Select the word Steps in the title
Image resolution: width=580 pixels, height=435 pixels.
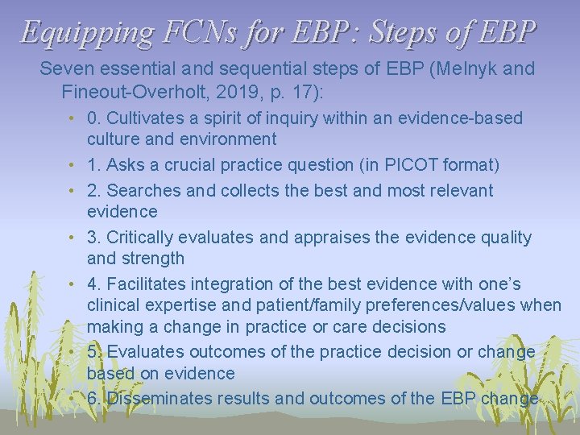411,32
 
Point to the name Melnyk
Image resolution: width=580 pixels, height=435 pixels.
439,68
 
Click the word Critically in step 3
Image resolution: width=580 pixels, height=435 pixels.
141,238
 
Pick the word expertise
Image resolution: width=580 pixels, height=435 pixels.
177,305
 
